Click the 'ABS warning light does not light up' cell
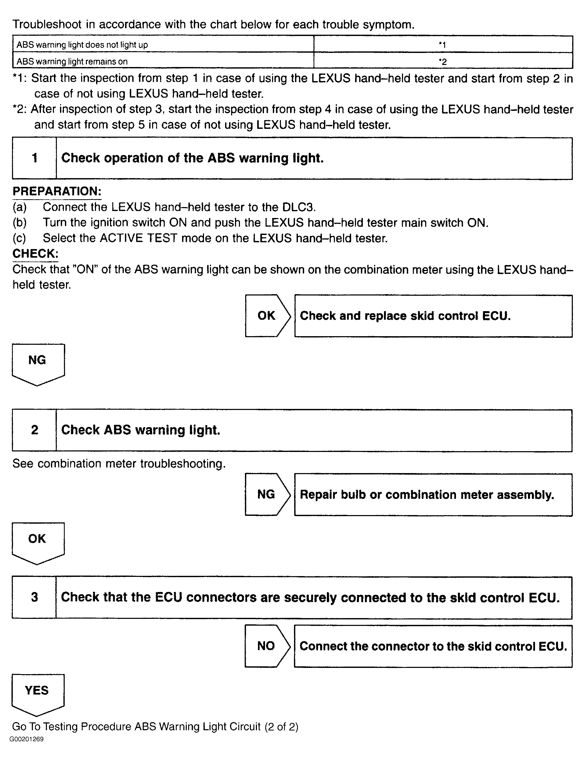point(163,44)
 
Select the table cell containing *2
point(443,61)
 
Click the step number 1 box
point(34,158)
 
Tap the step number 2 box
point(34,430)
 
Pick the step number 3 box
point(34,597)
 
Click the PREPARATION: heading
point(57,191)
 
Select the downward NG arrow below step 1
point(38,363)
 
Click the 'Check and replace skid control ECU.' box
point(433,316)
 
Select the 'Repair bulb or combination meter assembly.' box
point(433,494)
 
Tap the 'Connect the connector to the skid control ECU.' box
point(433,646)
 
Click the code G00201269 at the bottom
point(27,739)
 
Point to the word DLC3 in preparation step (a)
point(298,207)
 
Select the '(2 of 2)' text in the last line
point(281,726)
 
